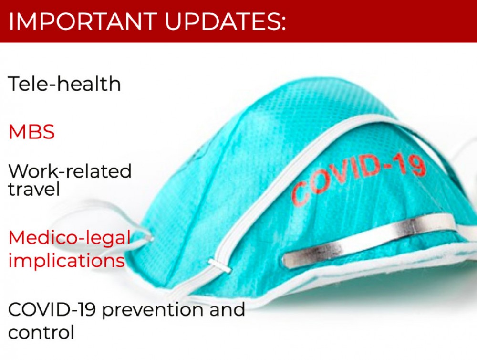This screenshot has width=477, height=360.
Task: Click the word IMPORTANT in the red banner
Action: (x=83, y=21)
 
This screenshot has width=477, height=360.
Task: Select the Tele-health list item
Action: (x=64, y=84)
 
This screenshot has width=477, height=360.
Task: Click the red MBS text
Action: (x=31, y=132)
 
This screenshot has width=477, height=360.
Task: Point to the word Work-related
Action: (x=70, y=171)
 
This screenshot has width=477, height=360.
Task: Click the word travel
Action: (x=34, y=189)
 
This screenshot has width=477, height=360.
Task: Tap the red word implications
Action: (x=67, y=261)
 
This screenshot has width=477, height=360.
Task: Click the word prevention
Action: (x=153, y=310)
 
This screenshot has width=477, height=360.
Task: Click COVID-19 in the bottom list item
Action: (x=52, y=309)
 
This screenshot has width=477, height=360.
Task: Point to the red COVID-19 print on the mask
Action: (x=358, y=178)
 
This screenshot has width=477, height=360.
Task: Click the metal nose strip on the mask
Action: (x=369, y=240)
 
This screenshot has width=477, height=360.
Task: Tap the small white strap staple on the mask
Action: (x=219, y=265)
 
